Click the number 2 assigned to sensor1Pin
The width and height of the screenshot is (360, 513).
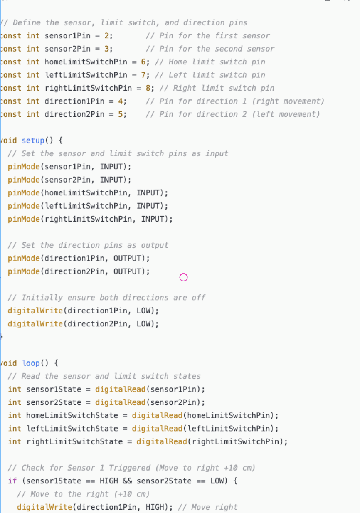(x=106, y=36)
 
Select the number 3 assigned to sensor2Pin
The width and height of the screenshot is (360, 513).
(x=106, y=49)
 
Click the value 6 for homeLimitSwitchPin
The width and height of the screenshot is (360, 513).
(x=143, y=62)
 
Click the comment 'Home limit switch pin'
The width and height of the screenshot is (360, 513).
(x=217, y=62)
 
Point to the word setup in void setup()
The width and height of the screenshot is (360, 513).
(x=33, y=141)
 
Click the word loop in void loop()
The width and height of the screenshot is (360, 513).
(x=31, y=363)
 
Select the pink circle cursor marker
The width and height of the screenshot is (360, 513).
(x=183, y=277)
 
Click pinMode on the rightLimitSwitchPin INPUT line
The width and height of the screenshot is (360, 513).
(x=24, y=219)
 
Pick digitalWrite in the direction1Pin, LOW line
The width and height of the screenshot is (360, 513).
(x=35, y=311)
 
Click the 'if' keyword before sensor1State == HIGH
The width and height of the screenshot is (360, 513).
(x=12, y=481)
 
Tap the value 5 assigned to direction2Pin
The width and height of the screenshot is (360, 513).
(x=120, y=114)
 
